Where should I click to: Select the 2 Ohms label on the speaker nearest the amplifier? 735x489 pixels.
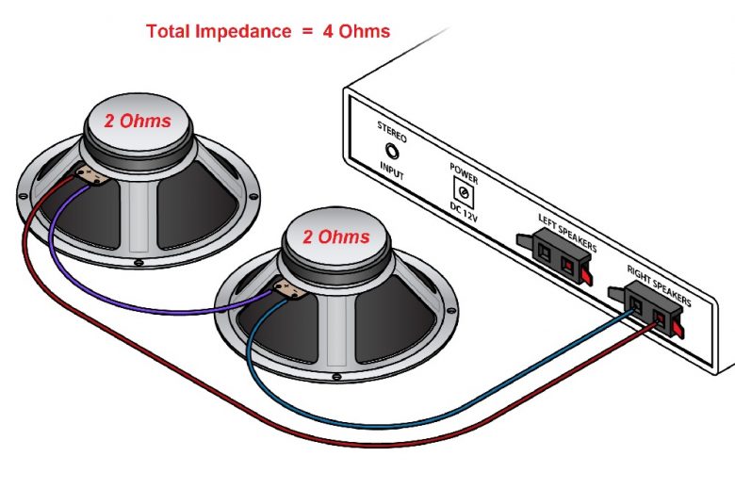(336, 236)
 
